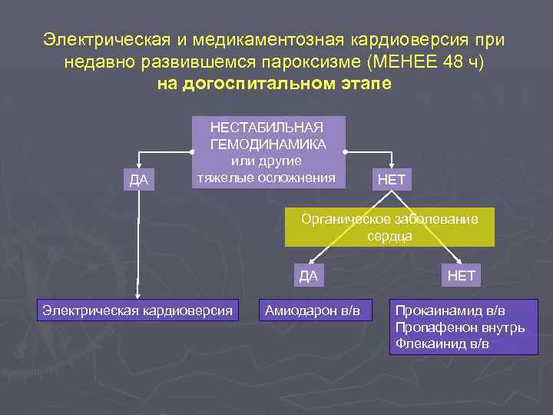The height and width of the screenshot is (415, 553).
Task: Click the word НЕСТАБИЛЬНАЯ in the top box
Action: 267,128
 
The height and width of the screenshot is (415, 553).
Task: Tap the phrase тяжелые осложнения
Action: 267,178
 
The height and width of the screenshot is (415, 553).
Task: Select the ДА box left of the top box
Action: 139,181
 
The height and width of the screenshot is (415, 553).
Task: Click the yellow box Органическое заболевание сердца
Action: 389,227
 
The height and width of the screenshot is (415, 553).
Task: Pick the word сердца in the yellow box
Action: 389,236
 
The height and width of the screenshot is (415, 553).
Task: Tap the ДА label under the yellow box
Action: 308,276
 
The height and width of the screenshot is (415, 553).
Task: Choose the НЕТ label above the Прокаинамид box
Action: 462,275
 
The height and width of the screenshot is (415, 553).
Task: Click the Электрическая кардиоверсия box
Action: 137,310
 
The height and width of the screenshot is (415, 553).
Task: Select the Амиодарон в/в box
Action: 312,310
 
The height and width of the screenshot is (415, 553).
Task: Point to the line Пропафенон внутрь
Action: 460,327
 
